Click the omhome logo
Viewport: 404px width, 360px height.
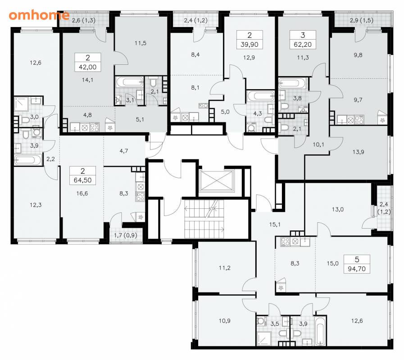pyautogui.click(x=39, y=15)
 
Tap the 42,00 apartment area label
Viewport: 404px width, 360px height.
pyautogui.click(x=88, y=67)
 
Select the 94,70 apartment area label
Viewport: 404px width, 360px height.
pyautogui.click(x=357, y=269)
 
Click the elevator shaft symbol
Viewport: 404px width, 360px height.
pyautogui.click(x=217, y=181)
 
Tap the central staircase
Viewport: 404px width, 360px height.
pyautogui.click(x=204, y=219)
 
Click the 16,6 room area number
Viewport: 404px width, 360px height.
pyautogui.click(x=82, y=193)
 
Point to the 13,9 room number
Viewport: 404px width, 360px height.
pyautogui.click(x=358, y=152)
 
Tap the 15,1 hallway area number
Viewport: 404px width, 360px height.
pyautogui.click(x=275, y=224)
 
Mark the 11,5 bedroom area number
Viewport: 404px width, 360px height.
pyautogui.click(x=141, y=43)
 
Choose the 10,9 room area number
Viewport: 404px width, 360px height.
pyautogui.click(x=225, y=321)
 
